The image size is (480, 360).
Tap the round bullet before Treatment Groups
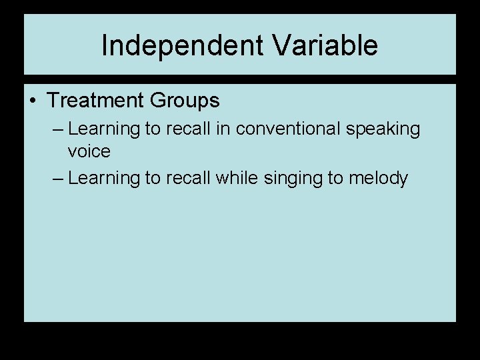tap(33, 101)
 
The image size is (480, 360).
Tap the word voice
tap(89, 151)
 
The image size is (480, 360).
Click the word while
tap(234, 178)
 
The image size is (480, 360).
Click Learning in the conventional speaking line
tap(103, 129)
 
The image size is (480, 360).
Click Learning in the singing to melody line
tap(103, 179)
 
